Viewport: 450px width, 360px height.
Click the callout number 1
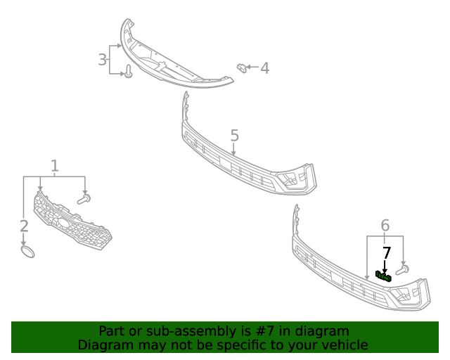[x=54, y=166]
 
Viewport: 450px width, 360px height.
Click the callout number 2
[x=24, y=226]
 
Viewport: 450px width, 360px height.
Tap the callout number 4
[x=264, y=68]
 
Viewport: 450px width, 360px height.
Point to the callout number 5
[x=234, y=135]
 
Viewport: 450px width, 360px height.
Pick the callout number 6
[x=385, y=225]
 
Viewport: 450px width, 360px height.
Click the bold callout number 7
[x=386, y=253]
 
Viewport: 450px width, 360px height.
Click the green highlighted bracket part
[x=383, y=276]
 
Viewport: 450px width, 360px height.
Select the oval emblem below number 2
[x=26, y=251]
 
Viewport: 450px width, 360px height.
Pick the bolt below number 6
[x=402, y=269]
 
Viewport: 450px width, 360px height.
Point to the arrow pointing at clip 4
[x=253, y=68]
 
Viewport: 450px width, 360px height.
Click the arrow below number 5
[x=233, y=149]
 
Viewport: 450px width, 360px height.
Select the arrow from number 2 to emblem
[x=24, y=238]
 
